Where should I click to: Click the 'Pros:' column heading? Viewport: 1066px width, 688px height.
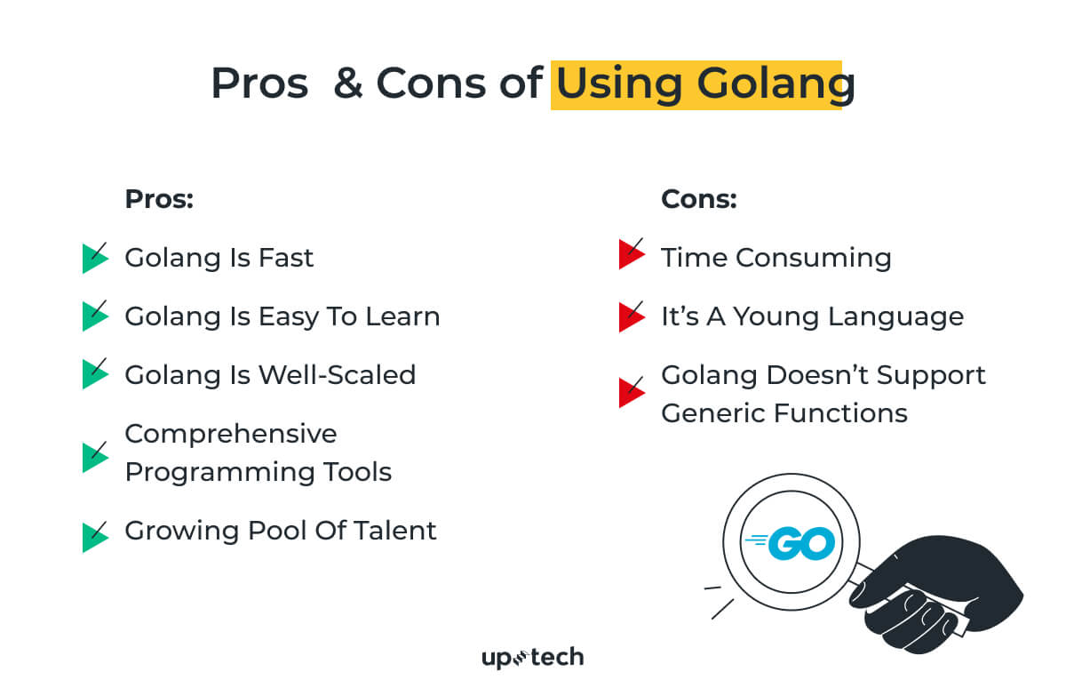coord(159,199)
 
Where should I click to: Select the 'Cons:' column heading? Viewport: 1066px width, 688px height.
coord(698,199)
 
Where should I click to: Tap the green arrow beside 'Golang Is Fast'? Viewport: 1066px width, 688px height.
coord(95,258)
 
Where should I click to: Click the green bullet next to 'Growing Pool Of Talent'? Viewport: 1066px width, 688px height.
coord(95,537)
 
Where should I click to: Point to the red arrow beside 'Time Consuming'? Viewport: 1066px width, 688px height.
coord(632,254)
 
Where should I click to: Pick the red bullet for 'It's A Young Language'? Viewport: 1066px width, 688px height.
coord(632,316)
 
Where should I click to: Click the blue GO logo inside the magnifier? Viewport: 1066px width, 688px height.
coord(790,543)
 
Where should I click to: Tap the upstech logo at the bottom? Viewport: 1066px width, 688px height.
coord(532,658)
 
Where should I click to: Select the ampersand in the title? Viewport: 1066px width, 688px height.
coord(348,84)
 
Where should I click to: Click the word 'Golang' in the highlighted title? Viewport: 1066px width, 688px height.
coord(776,84)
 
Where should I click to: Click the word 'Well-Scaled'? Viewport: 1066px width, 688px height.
coord(338,375)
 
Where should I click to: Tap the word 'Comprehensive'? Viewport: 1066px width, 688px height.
coord(231,435)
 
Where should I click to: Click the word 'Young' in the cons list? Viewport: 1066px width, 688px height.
coord(776,317)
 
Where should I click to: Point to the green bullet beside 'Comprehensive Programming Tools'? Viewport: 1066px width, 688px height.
coord(95,458)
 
